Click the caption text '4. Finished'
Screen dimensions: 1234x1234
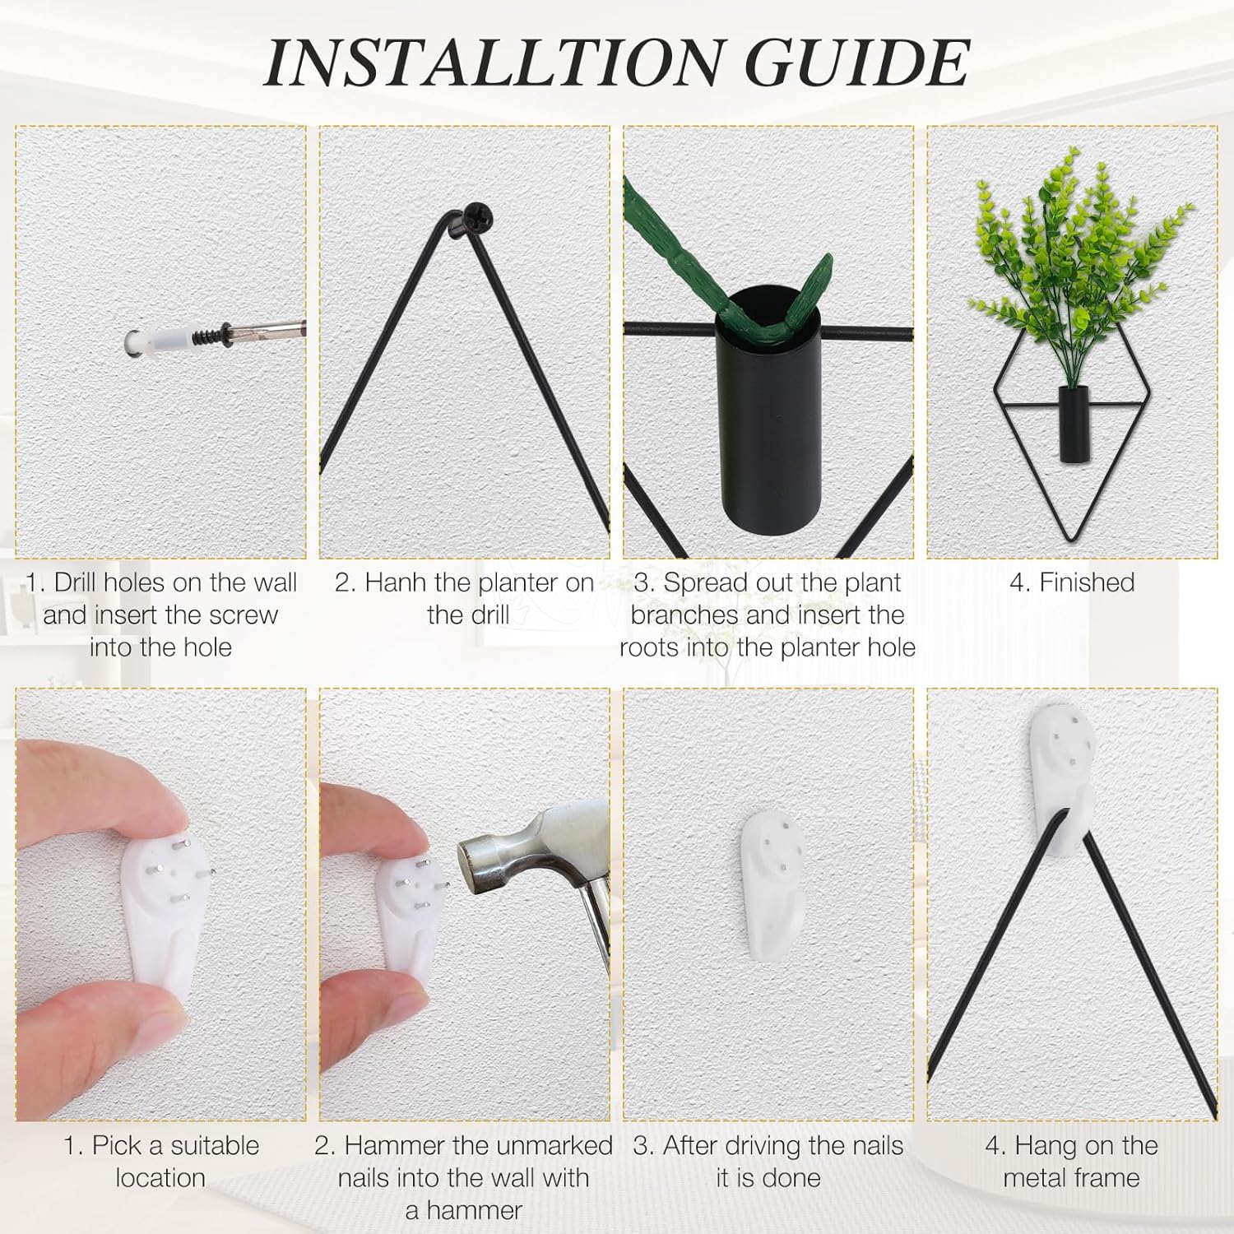pyautogui.click(x=1071, y=583)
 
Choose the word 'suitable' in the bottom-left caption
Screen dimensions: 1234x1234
pyautogui.click(x=210, y=1146)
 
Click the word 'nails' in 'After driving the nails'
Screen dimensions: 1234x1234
pyautogui.click(x=869, y=1146)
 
